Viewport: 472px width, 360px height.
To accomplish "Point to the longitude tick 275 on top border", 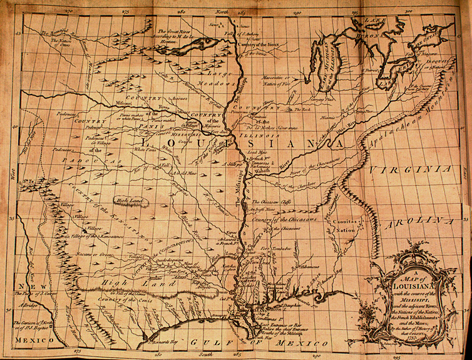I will [125, 11].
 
